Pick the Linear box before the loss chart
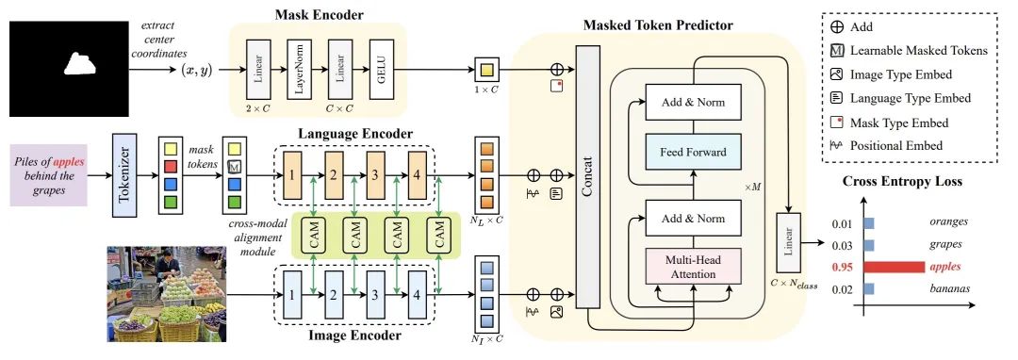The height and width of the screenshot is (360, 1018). click(x=785, y=243)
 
